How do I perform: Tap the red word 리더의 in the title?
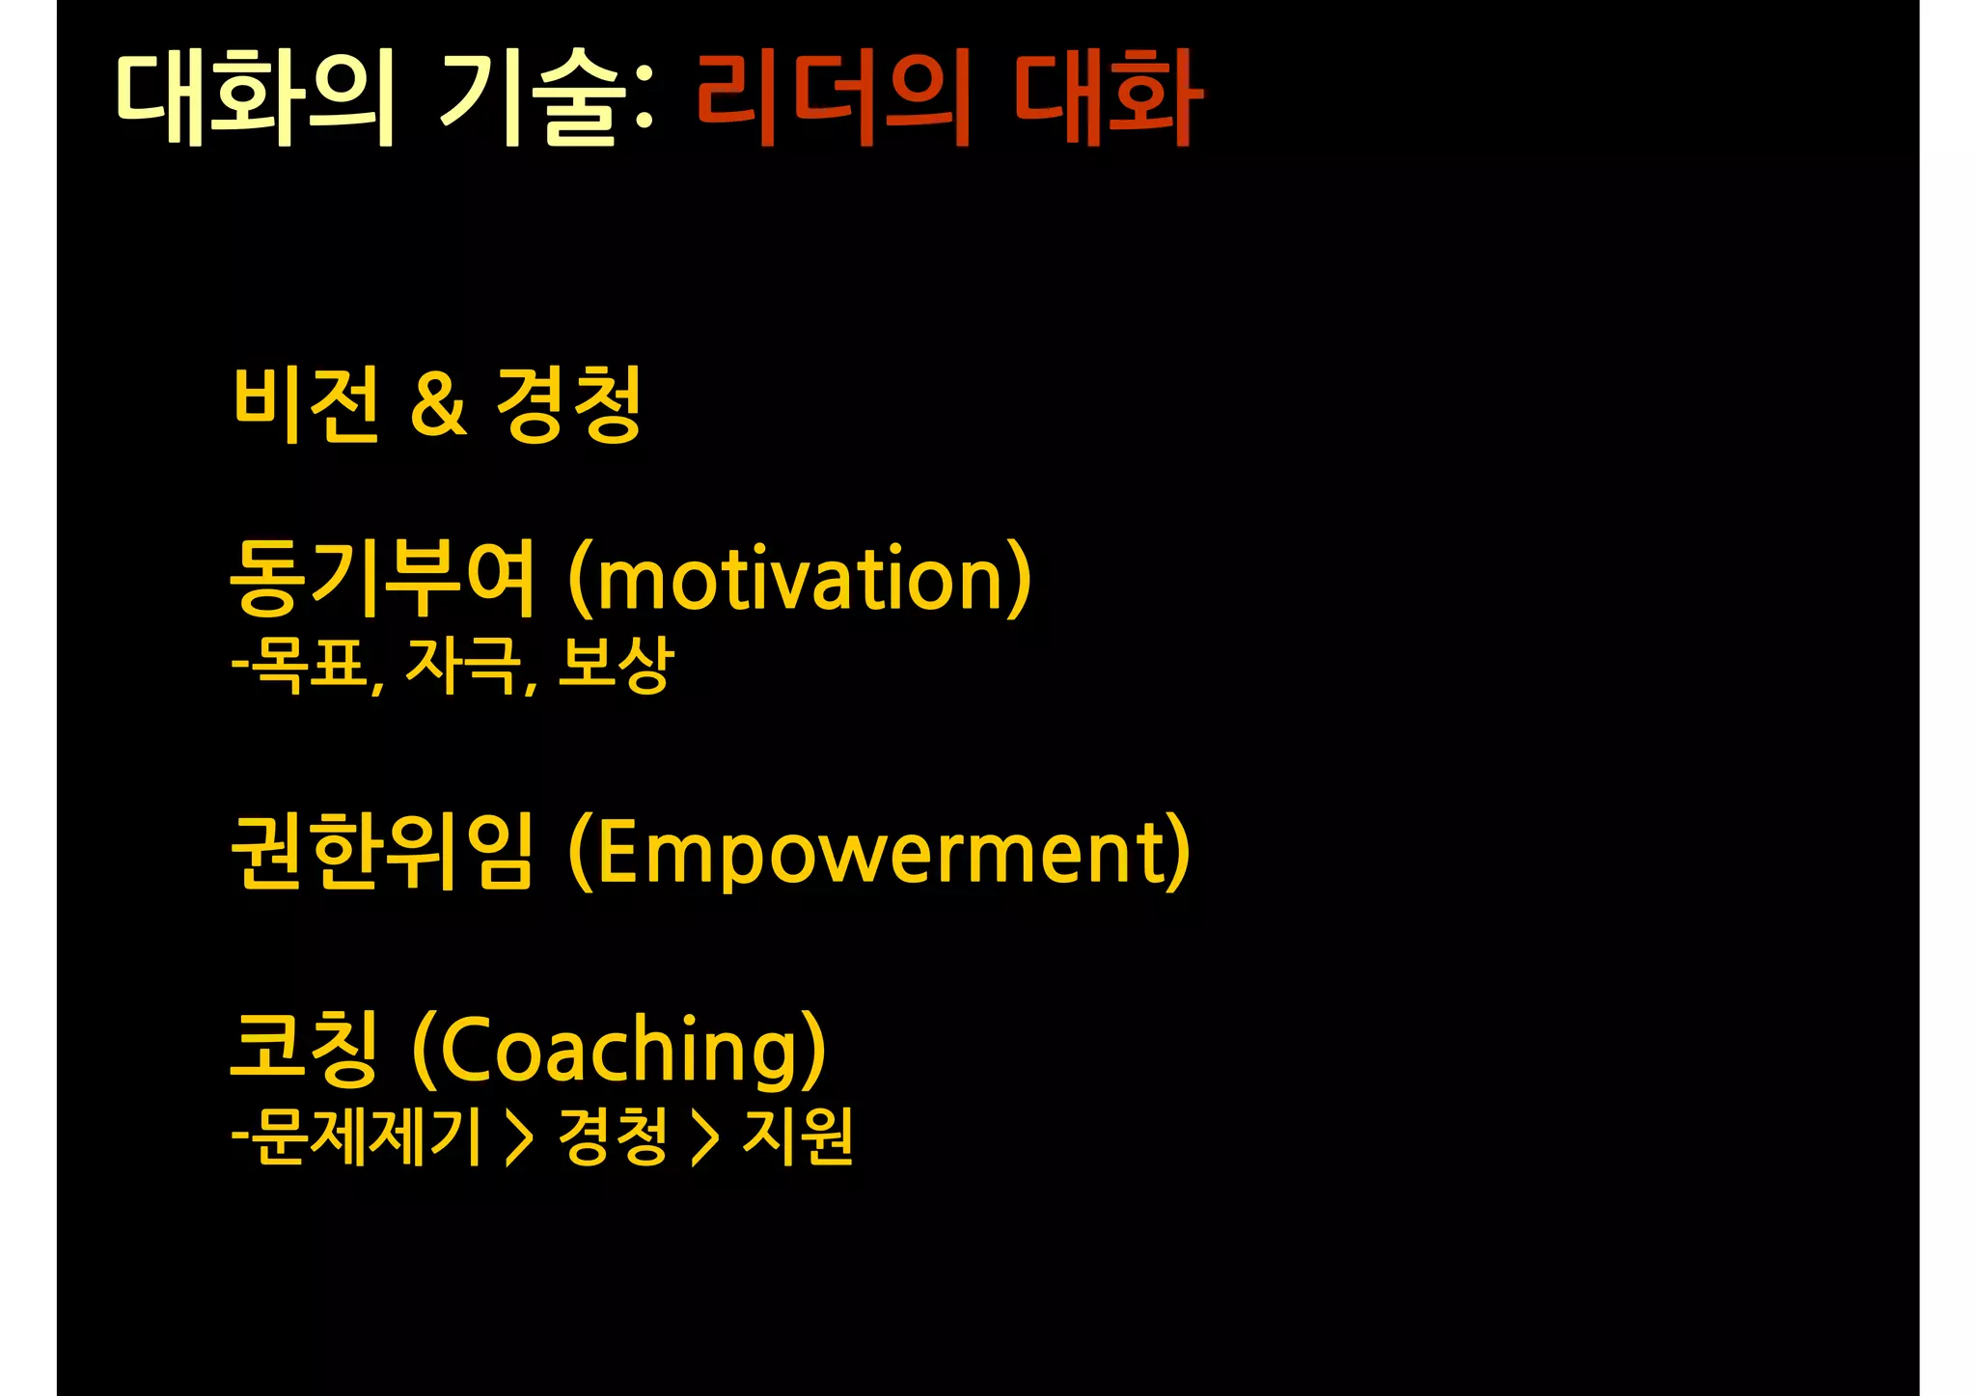click(832, 98)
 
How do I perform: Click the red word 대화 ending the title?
click(1107, 98)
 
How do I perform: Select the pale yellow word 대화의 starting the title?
click(255, 98)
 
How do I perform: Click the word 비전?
click(307, 405)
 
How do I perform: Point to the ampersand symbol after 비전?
click(438, 405)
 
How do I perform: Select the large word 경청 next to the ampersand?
click(569, 405)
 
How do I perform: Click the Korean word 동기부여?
click(382, 579)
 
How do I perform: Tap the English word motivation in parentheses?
click(800, 579)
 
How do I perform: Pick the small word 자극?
click(462, 665)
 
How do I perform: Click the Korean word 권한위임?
click(382, 851)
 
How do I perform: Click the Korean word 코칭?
click(304, 1048)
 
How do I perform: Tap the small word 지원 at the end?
click(797, 1136)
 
